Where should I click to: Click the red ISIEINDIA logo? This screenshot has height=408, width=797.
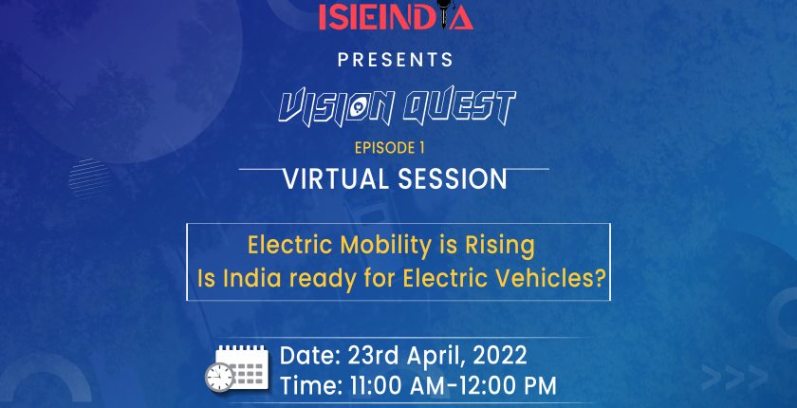tap(396, 15)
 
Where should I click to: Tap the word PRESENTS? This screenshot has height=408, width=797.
tap(396, 60)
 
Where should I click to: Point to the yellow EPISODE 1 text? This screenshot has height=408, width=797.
tap(389, 148)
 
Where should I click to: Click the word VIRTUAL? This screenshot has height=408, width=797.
tap(337, 178)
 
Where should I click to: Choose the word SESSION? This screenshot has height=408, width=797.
tap(453, 178)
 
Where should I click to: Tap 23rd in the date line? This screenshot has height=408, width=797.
tap(373, 356)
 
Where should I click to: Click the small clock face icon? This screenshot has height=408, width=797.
tap(219, 378)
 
